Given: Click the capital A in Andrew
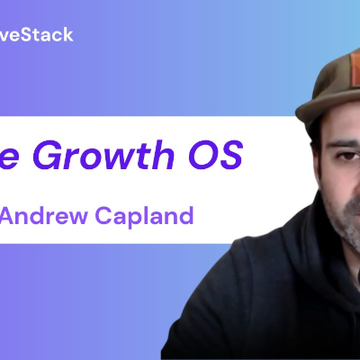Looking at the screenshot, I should tap(8, 216).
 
